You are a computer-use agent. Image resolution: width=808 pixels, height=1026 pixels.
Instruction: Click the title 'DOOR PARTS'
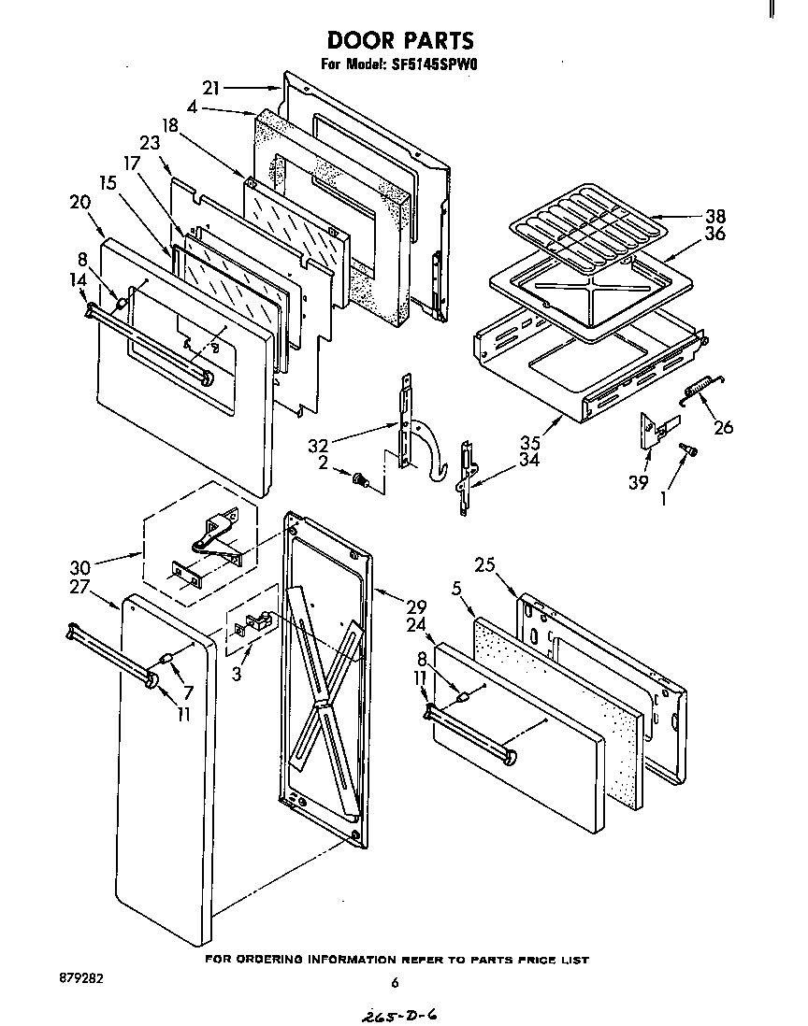[399, 40]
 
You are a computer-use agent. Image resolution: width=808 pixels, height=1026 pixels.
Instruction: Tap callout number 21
[211, 88]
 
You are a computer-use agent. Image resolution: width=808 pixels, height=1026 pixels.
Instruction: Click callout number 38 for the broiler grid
[715, 216]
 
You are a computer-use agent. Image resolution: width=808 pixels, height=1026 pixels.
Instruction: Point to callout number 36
[715, 234]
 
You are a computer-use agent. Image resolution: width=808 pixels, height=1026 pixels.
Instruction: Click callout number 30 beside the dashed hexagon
[80, 567]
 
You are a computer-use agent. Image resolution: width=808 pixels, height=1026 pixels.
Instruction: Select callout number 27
[80, 589]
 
